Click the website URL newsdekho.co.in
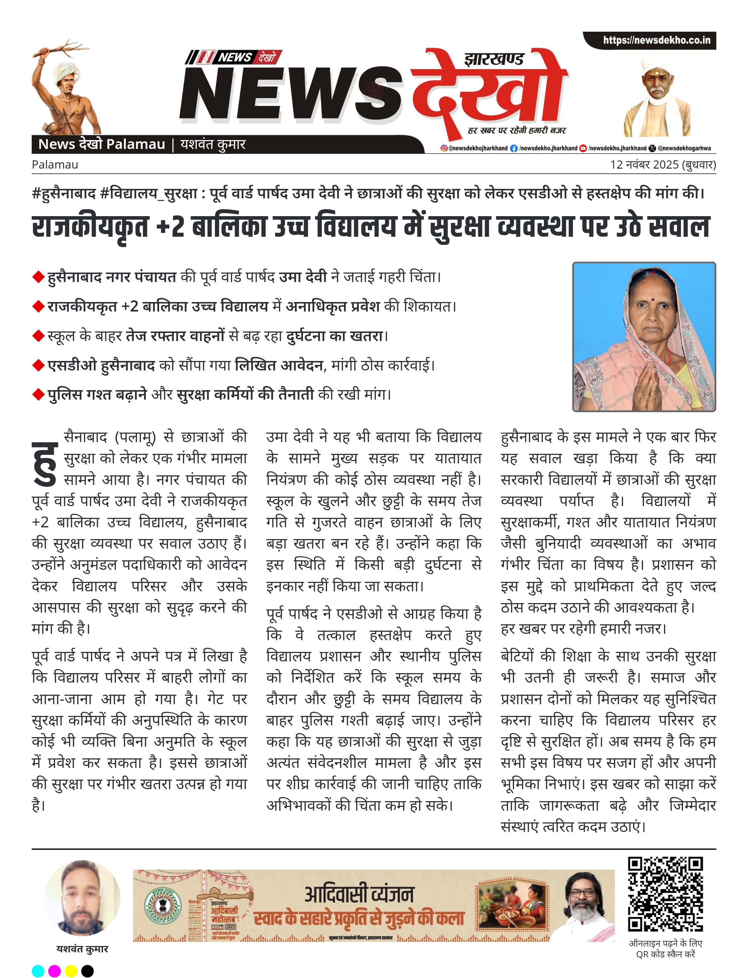click(x=656, y=40)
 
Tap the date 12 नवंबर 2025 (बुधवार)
click(x=662, y=165)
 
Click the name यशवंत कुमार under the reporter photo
click(x=82, y=949)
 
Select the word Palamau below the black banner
click(x=55, y=165)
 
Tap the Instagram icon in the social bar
click(x=444, y=148)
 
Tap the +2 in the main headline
click(x=170, y=227)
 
